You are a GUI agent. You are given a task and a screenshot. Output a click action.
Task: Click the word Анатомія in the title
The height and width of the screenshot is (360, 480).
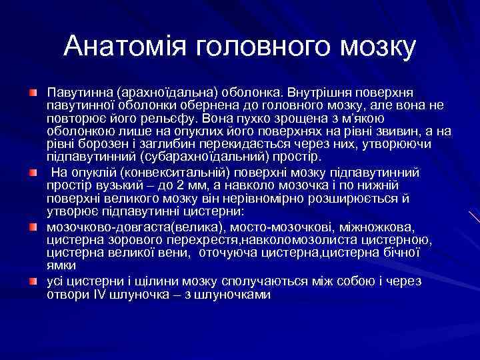pos(125,46)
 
